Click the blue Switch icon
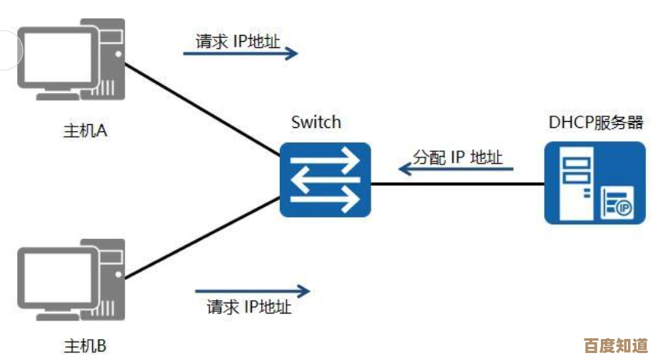coord(326,180)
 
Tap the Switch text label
coord(316,122)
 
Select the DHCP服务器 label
coord(595,122)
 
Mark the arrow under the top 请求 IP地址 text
coord(240,54)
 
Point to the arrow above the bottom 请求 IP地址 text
coord(252,292)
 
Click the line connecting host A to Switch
coord(202,108)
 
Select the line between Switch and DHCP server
coord(457,185)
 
